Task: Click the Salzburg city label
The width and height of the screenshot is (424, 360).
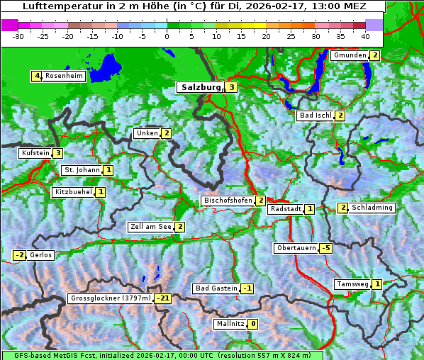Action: pos(201,87)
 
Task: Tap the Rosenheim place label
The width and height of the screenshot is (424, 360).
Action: pos(64,76)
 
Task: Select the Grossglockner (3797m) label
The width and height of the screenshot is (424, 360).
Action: pos(111,298)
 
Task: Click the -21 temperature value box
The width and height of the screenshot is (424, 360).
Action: pos(163,298)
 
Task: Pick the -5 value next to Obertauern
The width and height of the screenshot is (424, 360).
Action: pos(325,248)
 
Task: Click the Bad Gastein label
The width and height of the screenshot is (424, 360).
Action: pos(216,288)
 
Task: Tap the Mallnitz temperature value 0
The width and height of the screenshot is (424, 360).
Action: pos(253,324)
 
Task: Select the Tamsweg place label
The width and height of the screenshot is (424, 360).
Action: pos(352,284)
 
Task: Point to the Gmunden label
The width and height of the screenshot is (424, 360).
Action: pos(350,55)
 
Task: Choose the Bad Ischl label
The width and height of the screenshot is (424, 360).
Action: pos(316,116)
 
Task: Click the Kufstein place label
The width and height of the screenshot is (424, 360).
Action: pos(35,152)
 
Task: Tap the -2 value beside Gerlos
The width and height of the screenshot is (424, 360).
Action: pos(20,255)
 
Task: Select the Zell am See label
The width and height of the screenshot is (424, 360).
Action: pos(151,227)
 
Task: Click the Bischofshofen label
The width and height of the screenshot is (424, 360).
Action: pos(228,201)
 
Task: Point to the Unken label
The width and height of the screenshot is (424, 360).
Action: pos(147,133)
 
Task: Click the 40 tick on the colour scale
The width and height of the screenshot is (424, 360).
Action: pos(365,35)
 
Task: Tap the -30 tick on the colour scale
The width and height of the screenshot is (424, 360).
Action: pos(18,35)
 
